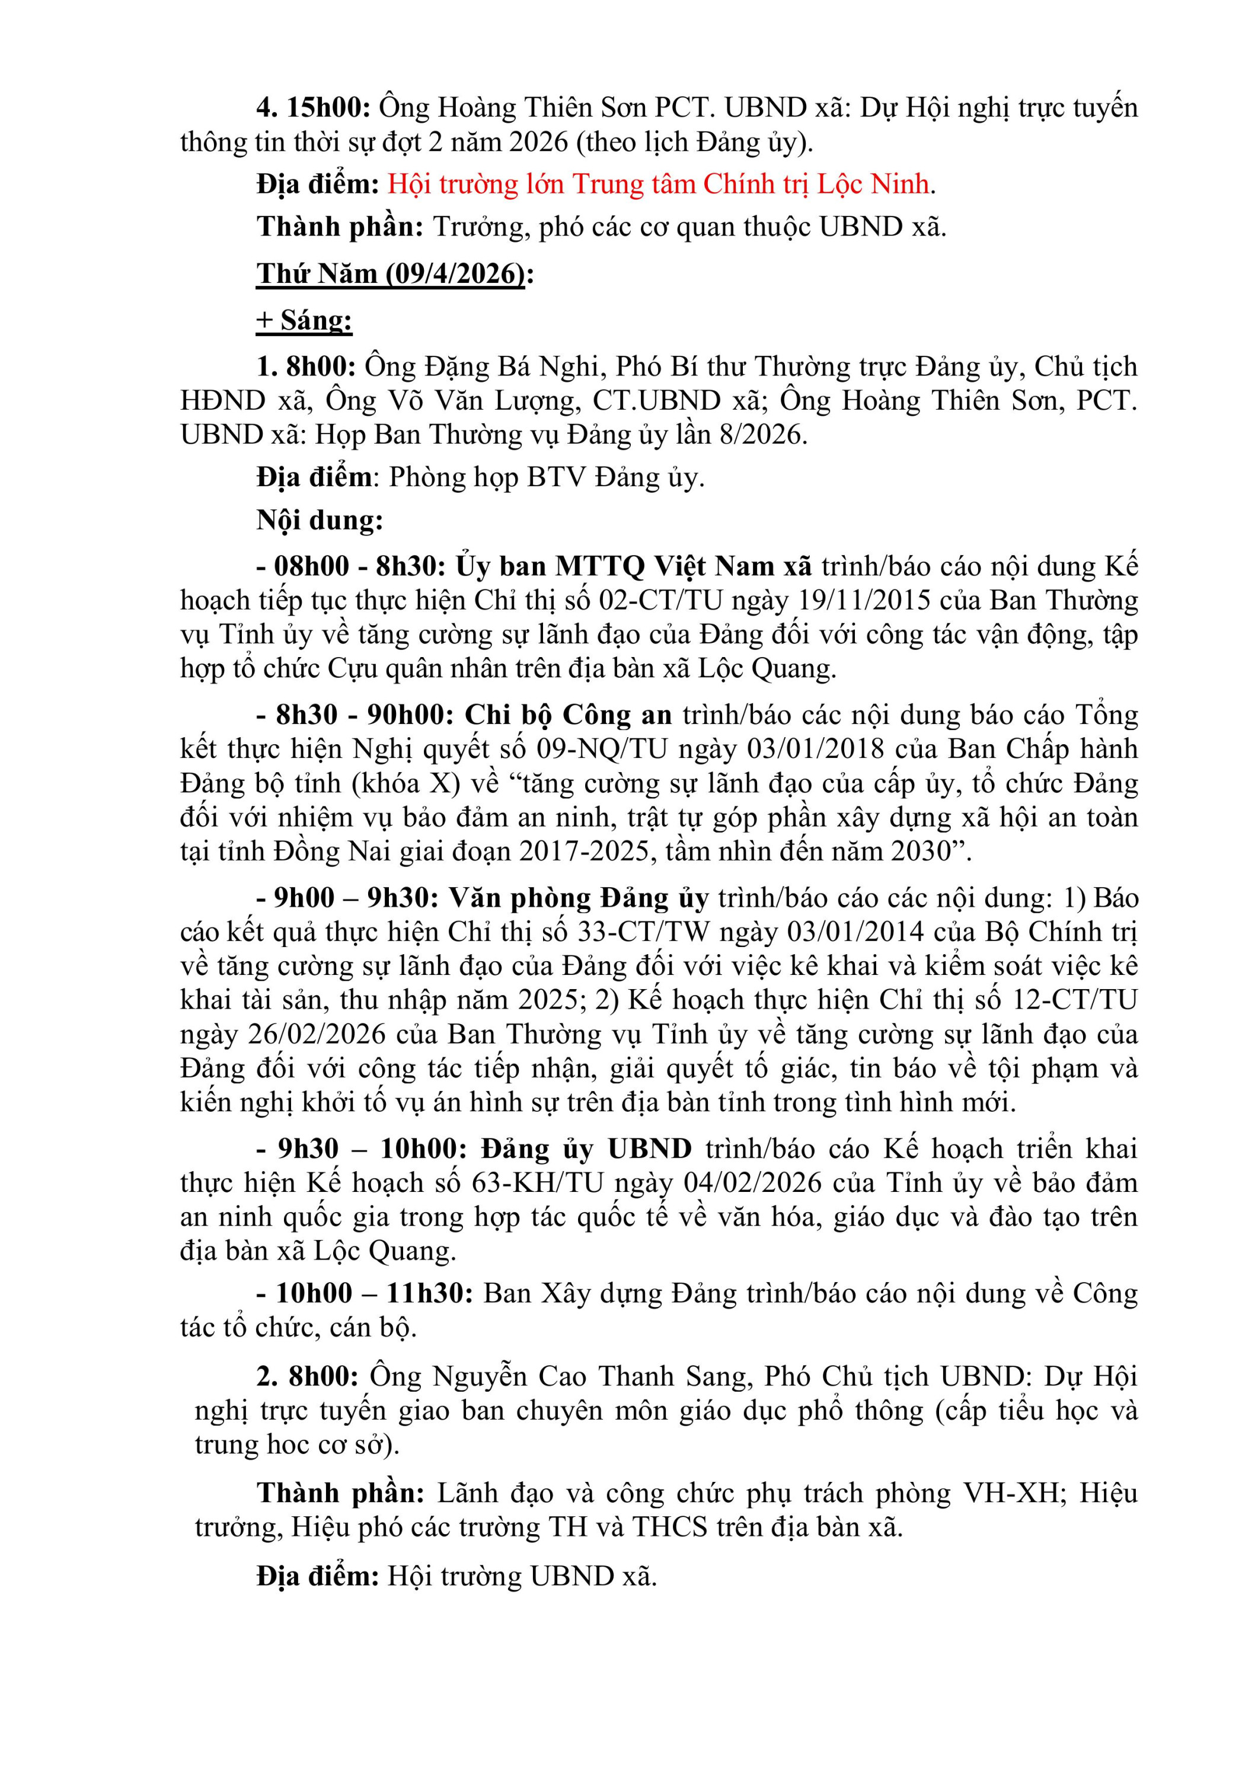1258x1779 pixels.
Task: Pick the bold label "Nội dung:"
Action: click(320, 520)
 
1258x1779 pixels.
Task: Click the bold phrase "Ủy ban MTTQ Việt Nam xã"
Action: click(634, 566)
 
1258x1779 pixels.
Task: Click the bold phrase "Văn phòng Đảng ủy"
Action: click(579, 898)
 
